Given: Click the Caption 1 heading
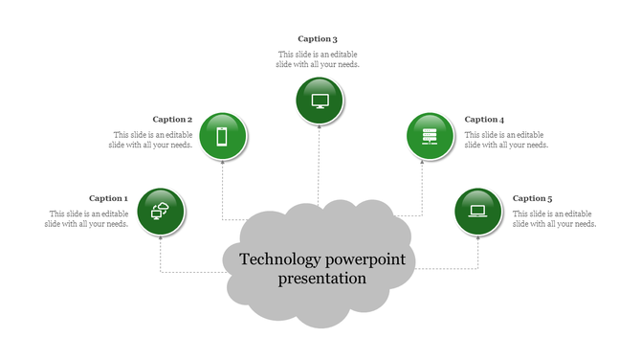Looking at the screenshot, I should click(x=108, y=198).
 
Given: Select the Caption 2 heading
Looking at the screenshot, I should click(x=173, y=119).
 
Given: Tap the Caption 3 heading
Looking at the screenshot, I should click(x=318, y=38).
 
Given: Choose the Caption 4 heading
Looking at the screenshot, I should click(x=484, y=119).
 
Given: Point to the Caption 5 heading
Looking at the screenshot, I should click(x=532, y=198).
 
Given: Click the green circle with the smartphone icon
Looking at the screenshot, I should click(x=223, y=136).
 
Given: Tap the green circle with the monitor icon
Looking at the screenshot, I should click(x=320, y=101).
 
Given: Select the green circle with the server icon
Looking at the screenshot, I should click(x=431, y=136).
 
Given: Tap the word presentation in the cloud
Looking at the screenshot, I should click(x=322, y=280).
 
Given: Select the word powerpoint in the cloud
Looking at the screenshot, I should click(x=365, y=259).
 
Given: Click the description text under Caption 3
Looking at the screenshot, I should click(x=319, y=59).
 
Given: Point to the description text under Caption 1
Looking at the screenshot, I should click(x=87, y=218).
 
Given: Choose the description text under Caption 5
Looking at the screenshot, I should click(x=554, y=218).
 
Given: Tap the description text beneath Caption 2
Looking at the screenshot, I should click(x=152, y=140).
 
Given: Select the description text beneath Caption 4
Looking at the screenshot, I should click(x=506, y=140).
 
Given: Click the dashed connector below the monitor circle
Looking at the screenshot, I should click(x=319, y=163).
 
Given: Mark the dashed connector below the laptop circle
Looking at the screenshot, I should click(x=478, y=251).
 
